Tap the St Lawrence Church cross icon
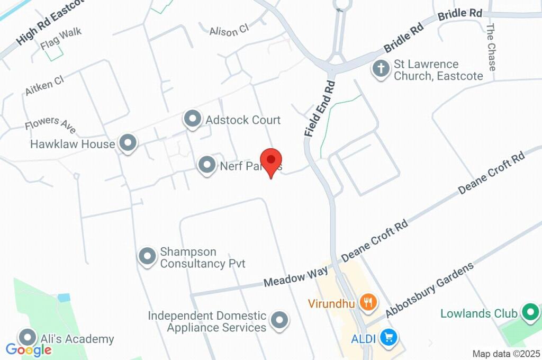[x=381, y=69]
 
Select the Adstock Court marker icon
[x=192, y=120]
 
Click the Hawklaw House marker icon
[x=127, y=143]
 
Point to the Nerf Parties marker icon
[x=206, y=165]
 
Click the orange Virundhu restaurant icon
[x=367, y=303]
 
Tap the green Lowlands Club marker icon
[x=529, y=312]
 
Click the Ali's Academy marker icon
[x=27, y=337]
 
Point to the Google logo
[x=29, y=350]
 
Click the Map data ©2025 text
[x=507, y=354]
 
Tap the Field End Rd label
[x=320, y=109]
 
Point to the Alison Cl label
[x=229, y=31]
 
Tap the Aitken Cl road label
[x=44, y=85]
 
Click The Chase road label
[x=491, y=47]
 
